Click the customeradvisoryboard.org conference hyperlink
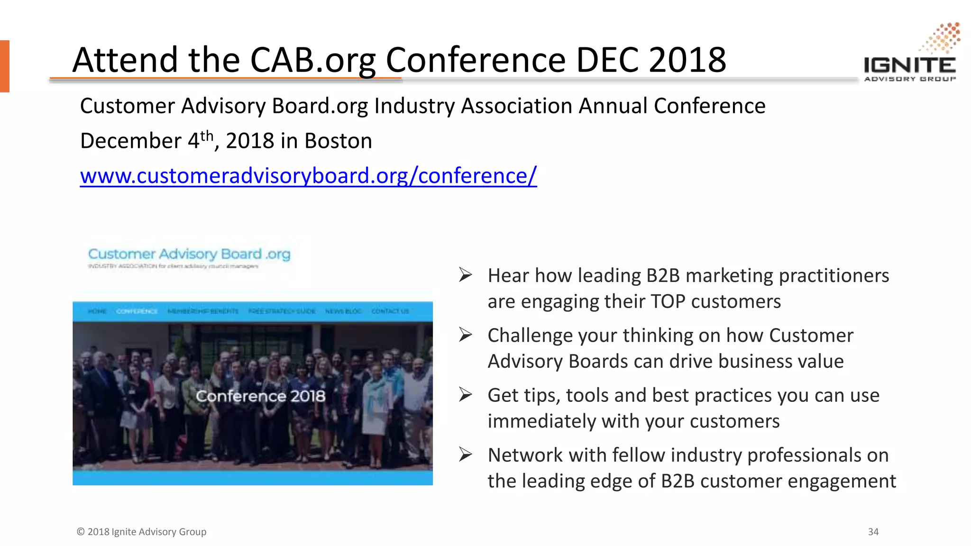[x=308, y=176]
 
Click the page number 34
[x=873, y=532]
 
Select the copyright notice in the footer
[x=141, y=532]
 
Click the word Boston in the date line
[x=338, y=141]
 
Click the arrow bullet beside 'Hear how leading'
[x=465, y=275]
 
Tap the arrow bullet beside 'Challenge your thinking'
[x=465, y=335]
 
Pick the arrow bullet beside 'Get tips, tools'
[x=465, y=395]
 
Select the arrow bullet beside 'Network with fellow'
[x=465, y=455]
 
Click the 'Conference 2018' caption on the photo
[x=260, y=396]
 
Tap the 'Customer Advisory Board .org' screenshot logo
[x=189, y=255]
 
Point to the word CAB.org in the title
[x=312, y=60]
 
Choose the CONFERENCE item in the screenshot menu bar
[x=137, y=311]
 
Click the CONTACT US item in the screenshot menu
[x=390, y=311]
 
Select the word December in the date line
[x=130, y=141]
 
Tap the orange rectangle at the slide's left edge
[x=5, y=66]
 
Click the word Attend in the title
[x=125, y=60]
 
